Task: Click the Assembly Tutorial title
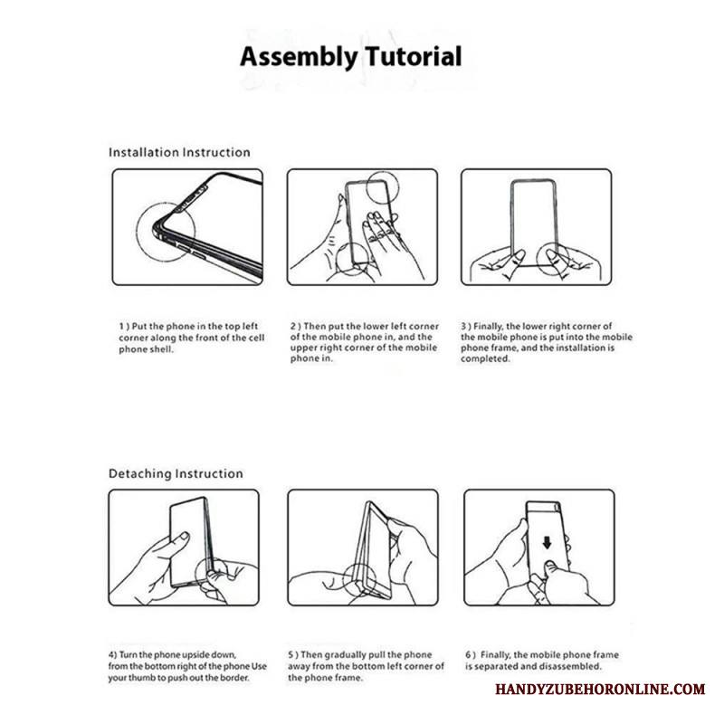click(x=351, y=57)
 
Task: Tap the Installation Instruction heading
click(x=179, y=152)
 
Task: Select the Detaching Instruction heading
click(x=176, y=473)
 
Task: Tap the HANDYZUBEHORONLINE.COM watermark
click(x=600, y=690)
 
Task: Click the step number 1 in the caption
click(x=121, y=327)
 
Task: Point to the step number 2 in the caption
click(x=293, y=327)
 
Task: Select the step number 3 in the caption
click(x=463, y=327)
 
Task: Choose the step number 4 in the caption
click(x=111, y=654)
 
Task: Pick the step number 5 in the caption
click(x=291, y=654)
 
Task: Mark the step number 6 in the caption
click(x=468, y=654)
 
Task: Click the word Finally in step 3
click(x=489, y=327)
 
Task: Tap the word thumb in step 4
click(x=141, y=678)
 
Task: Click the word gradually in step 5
click(x=346, y=655)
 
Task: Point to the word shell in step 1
click(x=162, y=349)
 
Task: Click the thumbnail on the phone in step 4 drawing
click(x=184, y=537)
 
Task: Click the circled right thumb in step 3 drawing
click(x=553, y=259)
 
